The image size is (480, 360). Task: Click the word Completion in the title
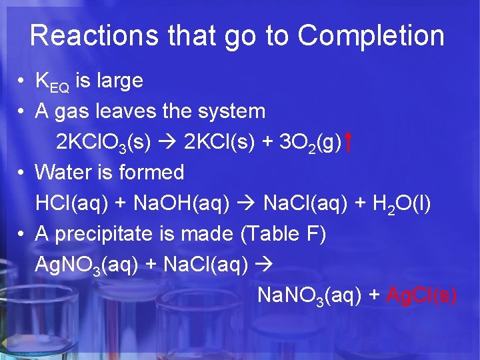[x=371, y=36]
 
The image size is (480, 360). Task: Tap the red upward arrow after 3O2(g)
[x=349, y=141]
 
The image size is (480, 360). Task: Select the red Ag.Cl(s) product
[x=422, y=295]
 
